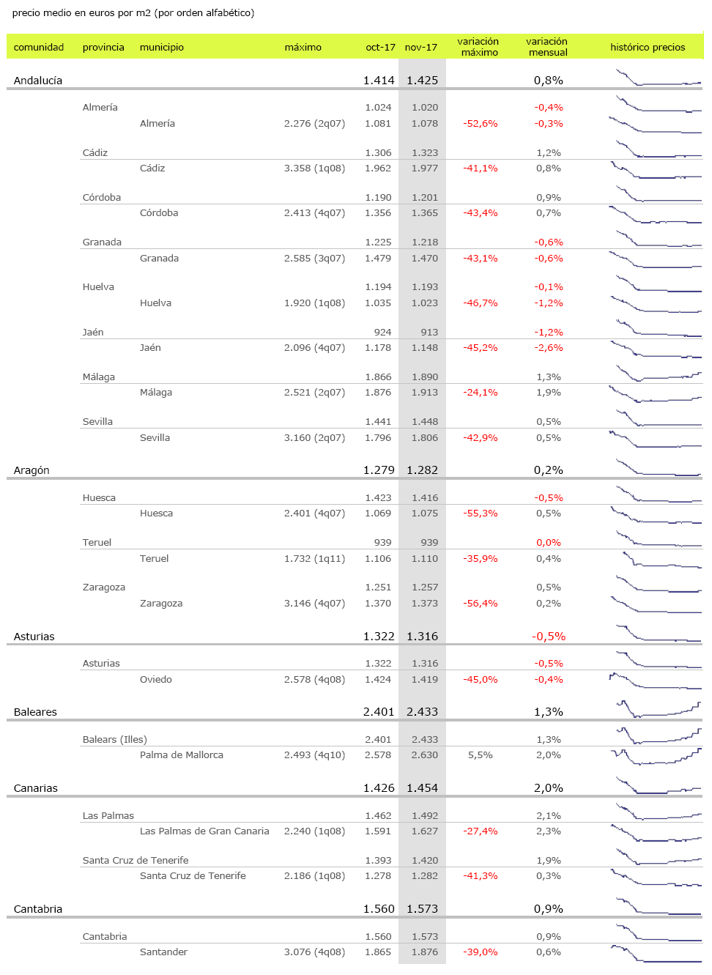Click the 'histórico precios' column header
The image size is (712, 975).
(x=648, y=47)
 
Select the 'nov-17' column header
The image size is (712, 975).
(x=420, y=47)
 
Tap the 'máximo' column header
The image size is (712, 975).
(x=303, y=47)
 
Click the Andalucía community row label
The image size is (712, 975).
(x=38, y=81)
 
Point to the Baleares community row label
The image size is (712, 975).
(x=35, y=712)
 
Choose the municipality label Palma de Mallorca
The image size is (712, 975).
(x=182, y=755)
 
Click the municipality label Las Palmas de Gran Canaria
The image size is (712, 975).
(x=204, y=831)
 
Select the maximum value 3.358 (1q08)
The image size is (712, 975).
(x=314, y=168)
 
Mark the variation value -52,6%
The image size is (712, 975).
(x=481, y=124)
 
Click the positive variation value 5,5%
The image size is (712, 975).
(x=481, y=755)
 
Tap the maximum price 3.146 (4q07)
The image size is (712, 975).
(x=314, y=604)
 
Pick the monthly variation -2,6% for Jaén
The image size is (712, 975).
(x=549, y=348)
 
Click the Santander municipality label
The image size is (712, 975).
(x=163, y=952)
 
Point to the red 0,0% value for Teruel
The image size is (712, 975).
(x=549, y=543)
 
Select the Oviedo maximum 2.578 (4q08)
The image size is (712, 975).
(x=314, y=680)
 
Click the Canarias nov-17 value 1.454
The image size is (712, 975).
(x=422, y=788)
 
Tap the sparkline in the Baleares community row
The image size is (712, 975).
(x=658, y=709)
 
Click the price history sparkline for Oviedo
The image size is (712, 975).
(x=655, y=681)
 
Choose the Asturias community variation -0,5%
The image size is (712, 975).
(x=549, y=637)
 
